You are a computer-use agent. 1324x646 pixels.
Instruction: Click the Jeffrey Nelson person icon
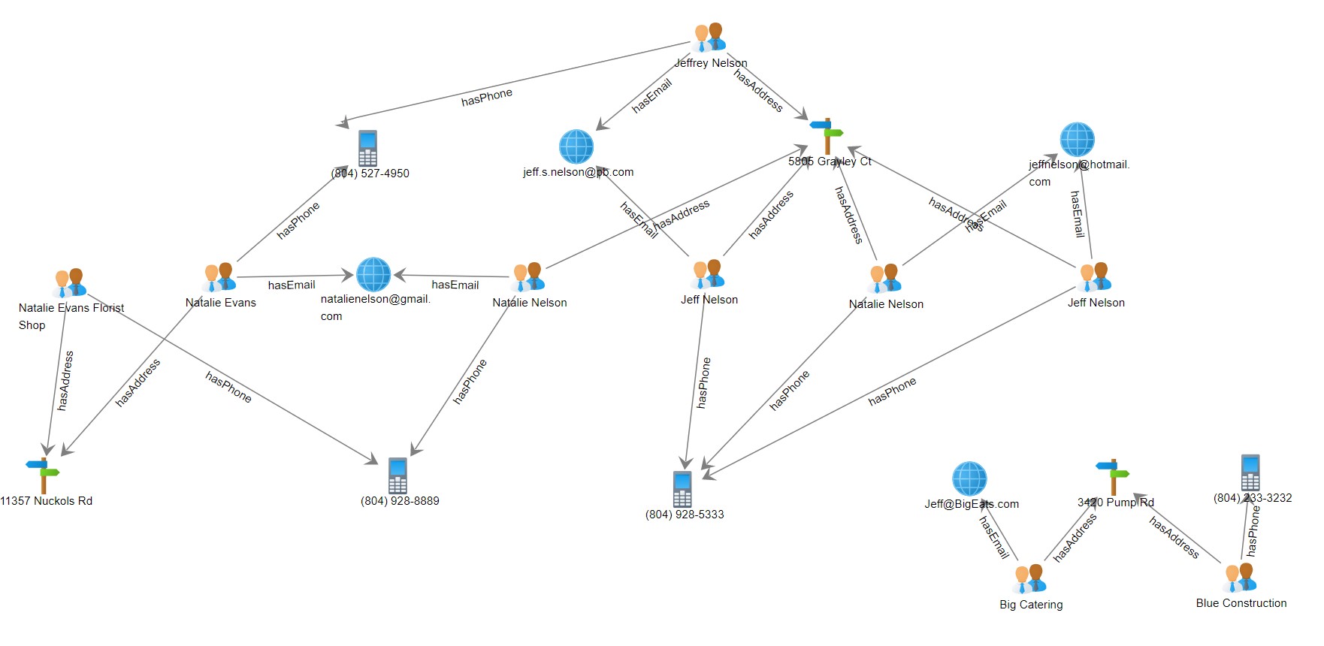[x=709, y=38]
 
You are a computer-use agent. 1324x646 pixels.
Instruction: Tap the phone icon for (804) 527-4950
[x=367, y=148]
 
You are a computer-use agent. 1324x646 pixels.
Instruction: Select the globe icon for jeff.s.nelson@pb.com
[x=576, y=146]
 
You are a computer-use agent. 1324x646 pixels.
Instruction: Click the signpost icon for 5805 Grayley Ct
[x=827, y=136]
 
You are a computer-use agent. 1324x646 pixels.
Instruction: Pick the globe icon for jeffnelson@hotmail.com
[x=1077, y=140]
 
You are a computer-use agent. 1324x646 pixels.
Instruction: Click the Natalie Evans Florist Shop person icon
[x=70, y=283]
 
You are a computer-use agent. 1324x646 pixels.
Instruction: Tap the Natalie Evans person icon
[x=219, y=277]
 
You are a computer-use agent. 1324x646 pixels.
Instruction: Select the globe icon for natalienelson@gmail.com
[x=373, y=274]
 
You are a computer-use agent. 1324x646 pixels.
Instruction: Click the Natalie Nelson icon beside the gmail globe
[x=528, y=277]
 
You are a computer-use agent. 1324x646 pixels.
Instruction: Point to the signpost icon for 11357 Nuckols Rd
[x=43, y=475]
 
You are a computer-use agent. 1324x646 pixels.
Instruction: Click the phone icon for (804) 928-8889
[x=398, y=475]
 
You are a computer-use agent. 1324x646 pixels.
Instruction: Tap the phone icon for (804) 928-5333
[x=682, y=489]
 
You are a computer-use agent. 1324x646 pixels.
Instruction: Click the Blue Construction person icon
[x=1240, y=578]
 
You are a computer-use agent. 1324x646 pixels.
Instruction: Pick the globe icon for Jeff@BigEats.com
[x=969, y=479]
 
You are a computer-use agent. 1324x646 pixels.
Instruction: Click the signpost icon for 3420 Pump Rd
[x=1113, y=476]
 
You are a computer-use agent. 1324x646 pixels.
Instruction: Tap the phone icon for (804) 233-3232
[x=1250, y=472]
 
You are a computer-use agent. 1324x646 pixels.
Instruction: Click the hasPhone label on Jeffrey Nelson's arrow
[x=487, y=97]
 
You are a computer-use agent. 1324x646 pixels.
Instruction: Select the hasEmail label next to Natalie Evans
[x=292, y=285]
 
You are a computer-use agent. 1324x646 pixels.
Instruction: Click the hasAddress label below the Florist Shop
[x=66, y=380]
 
